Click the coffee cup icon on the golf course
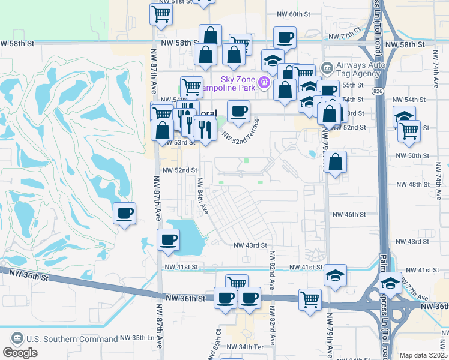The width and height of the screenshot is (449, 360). [125, 214]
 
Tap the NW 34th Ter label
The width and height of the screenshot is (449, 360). [246, 347]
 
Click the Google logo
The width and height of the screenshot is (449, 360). [20, 352]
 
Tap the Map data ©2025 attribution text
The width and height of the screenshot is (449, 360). [423, 355]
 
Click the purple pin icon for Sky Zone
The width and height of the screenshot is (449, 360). [263, 82]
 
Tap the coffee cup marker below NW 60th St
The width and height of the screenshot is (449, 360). [285, 38]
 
